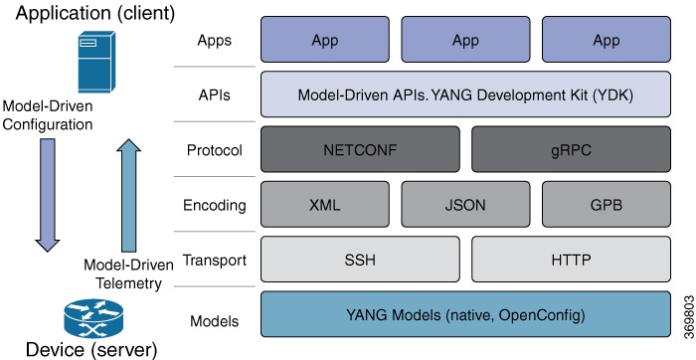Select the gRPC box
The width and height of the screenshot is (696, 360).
tap(570, 150)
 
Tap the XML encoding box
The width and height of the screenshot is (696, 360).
tap(324, 206)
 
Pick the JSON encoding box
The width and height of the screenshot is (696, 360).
tap(464, 206)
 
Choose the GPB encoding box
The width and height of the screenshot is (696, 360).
tap(606, 206)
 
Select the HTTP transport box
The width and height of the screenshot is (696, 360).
tap(570, 262)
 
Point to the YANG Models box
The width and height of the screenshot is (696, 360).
tap(464, 316)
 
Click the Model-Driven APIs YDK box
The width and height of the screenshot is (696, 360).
tap(464, 94)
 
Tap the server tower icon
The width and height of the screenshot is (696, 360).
tap(88, 61)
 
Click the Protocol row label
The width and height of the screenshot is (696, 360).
tap(215, 150)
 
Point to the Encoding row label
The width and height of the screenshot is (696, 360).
tap(214, 206)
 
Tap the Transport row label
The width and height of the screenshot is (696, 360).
tap(213, 262)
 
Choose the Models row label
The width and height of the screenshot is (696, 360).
tap(214, 320)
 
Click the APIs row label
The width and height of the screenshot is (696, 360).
tap(215, 94)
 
